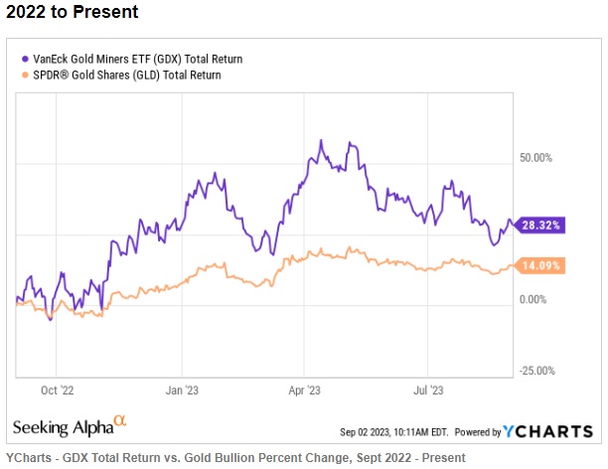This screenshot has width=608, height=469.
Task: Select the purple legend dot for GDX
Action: click(24, 59)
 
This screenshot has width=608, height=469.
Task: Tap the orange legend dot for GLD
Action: click(24, 75)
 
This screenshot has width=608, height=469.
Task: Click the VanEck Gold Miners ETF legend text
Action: click(137, 59)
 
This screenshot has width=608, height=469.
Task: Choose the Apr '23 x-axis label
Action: click(306, 391)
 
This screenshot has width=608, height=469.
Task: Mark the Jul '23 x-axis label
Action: click(429, 391)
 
